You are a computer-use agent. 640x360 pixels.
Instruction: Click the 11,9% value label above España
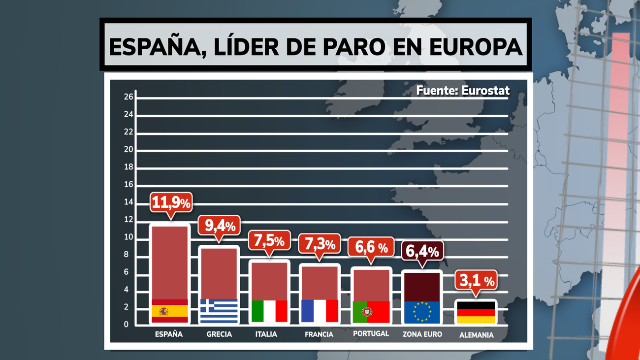click(170, 202)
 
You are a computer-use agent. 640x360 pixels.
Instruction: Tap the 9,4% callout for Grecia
click(219, 226)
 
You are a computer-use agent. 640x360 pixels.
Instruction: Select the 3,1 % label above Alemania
click(475, 281)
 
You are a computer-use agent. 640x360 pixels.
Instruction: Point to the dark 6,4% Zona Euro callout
click(422, 251)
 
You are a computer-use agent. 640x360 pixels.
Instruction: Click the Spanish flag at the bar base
click(169, 311)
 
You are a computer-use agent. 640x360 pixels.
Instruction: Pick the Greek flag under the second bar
click(219, 311)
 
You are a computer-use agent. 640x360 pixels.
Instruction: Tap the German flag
click(476, 312)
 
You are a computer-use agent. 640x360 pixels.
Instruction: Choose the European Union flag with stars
click(422, 312)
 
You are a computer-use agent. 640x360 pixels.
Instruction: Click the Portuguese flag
click(371, 312)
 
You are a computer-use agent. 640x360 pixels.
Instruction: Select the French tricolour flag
click(320, 311)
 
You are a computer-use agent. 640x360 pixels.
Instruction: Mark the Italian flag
click(269, 311)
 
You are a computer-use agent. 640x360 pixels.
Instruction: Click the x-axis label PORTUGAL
click(371, 333)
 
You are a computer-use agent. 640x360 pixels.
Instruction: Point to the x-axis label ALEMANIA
click(476, 335)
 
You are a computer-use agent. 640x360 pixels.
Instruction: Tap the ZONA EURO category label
click(422, 334)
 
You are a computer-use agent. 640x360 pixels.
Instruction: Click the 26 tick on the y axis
click(128, 97)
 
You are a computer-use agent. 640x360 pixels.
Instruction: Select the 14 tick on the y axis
click(128, 202)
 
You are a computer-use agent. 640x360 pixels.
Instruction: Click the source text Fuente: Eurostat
click(463, 91)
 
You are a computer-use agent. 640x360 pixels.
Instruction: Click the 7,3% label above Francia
click(320, 244)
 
